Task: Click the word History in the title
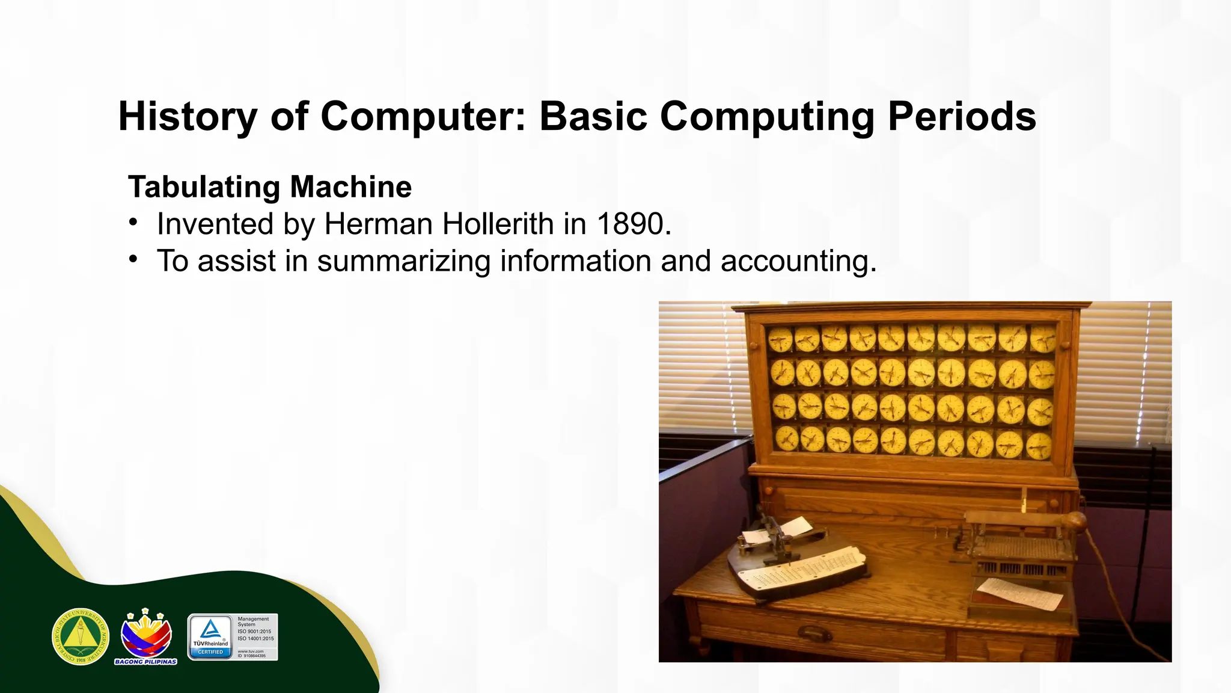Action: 187,116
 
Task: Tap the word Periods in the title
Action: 961,116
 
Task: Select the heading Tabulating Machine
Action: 270,186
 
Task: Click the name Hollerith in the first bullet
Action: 498,224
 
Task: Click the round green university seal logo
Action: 81,636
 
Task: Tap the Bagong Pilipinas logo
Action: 146,636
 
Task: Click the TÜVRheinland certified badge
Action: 210,637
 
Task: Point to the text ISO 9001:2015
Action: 255,632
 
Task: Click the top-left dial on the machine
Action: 780,340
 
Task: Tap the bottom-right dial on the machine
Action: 1039,446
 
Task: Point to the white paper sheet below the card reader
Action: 1019,592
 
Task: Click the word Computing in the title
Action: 767,116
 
